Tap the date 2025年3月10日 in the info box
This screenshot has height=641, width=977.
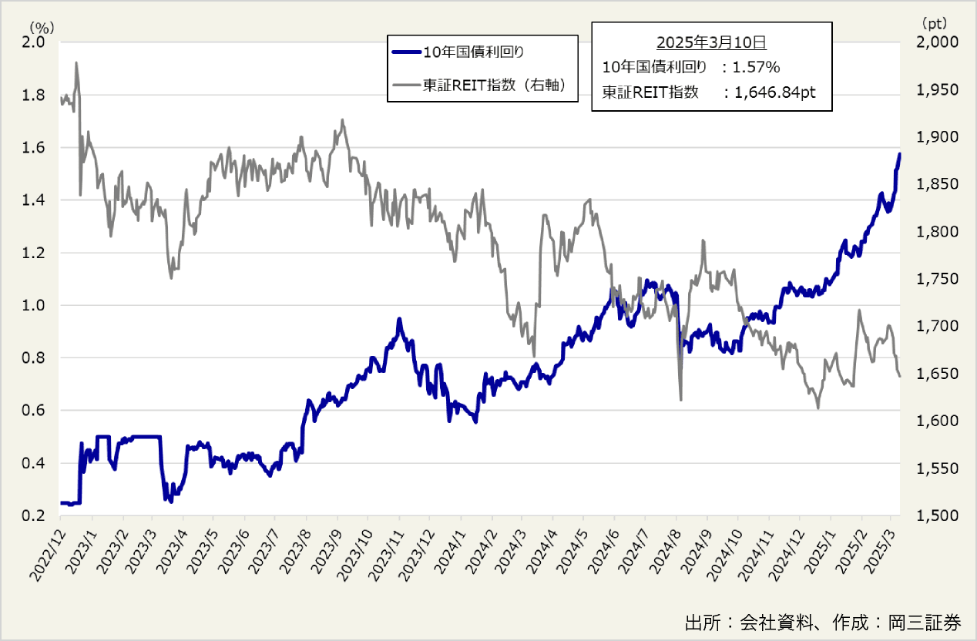(711, 42)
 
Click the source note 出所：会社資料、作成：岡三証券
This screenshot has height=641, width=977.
(823, 623)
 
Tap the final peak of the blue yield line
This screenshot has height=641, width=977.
(898, 154)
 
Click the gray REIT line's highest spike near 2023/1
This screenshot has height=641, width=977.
(76, 63)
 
